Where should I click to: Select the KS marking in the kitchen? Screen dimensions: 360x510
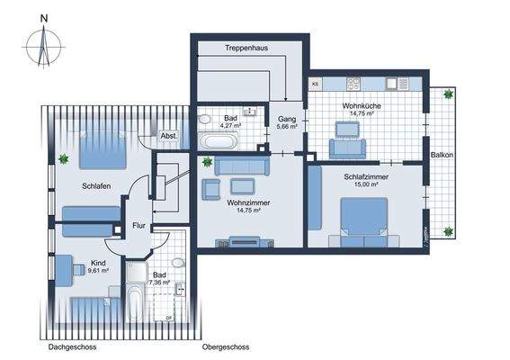tap(315, 84)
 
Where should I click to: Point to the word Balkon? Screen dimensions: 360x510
tap(442, 155)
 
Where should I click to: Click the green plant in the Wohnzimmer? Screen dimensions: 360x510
tap(208, 162)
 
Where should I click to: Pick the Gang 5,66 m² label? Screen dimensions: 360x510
tap(287, 123)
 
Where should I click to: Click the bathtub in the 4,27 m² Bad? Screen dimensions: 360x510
tap(219, 142)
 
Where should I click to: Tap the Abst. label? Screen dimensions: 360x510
tap(169, 136)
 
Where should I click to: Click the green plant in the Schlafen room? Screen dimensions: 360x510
tap(64, 160)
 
